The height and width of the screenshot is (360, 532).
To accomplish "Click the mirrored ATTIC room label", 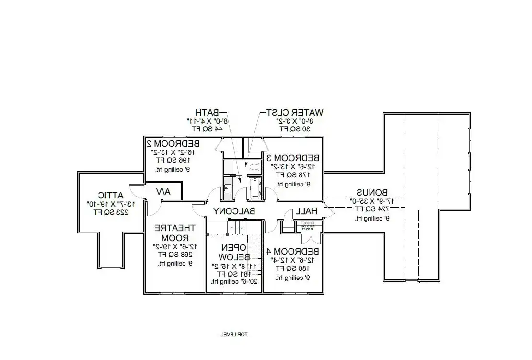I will point(111,195).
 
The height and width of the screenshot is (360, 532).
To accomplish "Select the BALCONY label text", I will point(234,211).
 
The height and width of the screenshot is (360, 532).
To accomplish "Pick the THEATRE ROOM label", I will point(174,232).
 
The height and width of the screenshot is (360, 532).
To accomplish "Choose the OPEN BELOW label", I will point(233,252).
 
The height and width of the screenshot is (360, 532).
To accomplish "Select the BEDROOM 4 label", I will point(293,251).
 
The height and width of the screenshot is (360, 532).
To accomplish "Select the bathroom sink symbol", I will point(228,188).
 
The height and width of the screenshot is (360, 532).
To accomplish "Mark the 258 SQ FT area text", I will point(174,255).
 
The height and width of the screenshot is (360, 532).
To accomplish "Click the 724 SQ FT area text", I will point(371,209).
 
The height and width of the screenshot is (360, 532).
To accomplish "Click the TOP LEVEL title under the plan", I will point(234,334).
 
